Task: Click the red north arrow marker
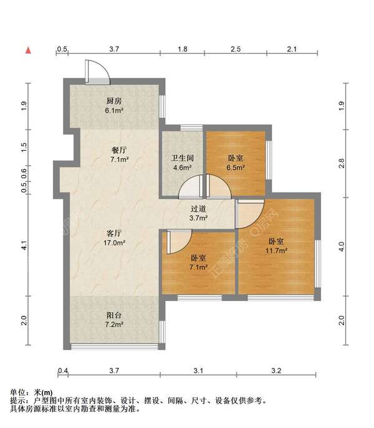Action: (x=28, y=50)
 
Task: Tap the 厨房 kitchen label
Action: (x=114, y=101)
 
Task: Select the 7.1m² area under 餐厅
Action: (x=120, y=159)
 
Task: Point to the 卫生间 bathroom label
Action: (x=182, y=158)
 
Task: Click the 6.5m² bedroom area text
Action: (x=235, y=168)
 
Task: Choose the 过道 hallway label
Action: (x=198, y=209)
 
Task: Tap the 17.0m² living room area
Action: (x=114, y=242)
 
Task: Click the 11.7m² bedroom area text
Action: (x=276, y=250)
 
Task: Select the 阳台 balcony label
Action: (x=114, y=315)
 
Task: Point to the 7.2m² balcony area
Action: (x=114, y=325)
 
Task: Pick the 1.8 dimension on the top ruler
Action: (x=182, y=49)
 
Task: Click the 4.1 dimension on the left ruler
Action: (x=24, y=245)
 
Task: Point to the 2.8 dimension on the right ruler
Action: (x=342, y=163)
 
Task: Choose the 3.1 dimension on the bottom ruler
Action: (x=198, y=371)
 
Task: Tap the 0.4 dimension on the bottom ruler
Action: (x=63, y=371)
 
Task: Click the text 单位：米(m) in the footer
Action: (x=31, y=392)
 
